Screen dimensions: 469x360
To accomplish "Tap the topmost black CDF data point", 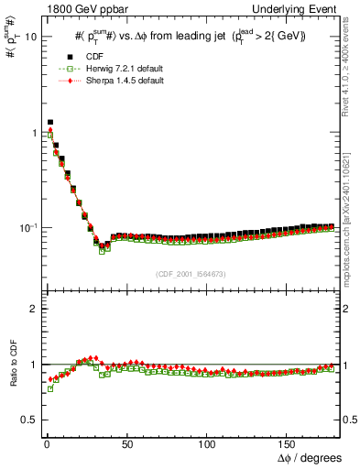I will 49,122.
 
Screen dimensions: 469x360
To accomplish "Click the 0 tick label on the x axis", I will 46,442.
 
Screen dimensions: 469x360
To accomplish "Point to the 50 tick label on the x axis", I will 126,442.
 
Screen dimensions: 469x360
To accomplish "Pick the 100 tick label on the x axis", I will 207,442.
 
